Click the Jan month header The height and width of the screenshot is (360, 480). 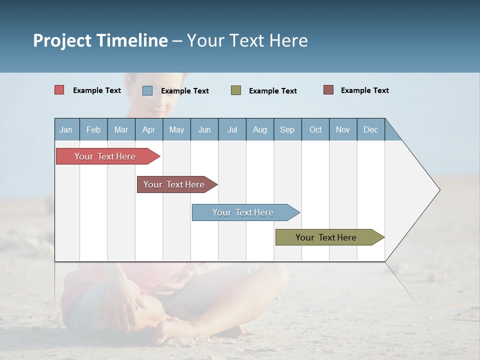point(66,129)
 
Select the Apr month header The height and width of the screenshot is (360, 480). point(148,129)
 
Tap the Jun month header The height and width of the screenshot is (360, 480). point(204,129)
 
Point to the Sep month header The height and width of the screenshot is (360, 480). point(287,129)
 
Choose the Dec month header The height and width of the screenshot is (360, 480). point(370,129)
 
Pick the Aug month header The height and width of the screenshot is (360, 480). point(259,129)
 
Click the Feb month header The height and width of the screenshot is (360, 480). point(93,129)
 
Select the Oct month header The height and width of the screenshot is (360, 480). point(315,129)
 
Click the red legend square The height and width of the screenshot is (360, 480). point(59,90)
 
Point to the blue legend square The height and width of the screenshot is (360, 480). point(147,90)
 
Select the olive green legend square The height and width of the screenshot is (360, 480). point(236,90)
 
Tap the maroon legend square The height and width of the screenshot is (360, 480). point(328,90)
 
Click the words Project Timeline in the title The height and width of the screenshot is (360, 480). point(100,40)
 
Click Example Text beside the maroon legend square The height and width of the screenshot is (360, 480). point(364,90)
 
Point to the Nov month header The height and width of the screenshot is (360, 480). point(343,129)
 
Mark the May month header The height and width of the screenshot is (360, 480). point(176,129)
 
